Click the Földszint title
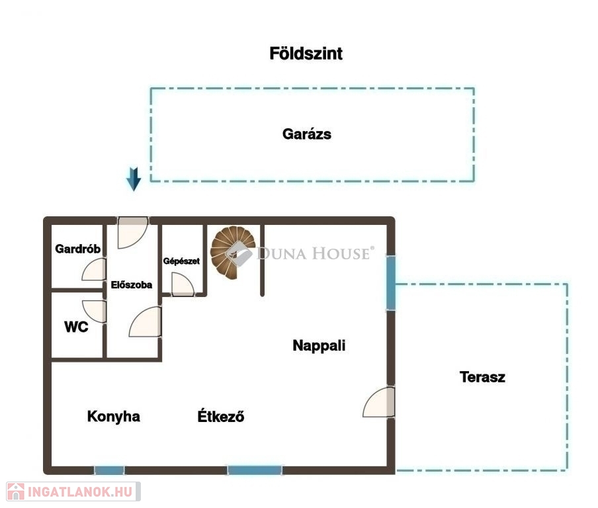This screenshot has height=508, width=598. tap(306, 54)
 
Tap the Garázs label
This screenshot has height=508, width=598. tap(307, 134)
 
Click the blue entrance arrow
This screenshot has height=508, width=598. tap(134, 179)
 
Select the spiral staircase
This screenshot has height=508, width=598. tap(233, 253)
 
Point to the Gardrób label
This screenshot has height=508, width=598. tap(78, 249)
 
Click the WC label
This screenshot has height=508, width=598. tap(76, 327)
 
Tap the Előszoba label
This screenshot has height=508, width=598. tap(132, 284)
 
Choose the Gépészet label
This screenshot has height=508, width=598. tap(181, 261)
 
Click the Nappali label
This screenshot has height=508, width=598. tap(320, 345)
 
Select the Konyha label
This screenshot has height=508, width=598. tap(114, 417)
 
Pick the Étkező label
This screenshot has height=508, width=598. tap(221, 415)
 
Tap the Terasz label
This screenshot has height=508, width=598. tap(482, 377)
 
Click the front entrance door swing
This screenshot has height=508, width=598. tap(132, 233)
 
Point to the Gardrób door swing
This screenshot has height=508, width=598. tap(94, 269)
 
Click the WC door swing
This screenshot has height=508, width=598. tap(94, 311)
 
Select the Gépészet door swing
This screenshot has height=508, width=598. tap(183, 284)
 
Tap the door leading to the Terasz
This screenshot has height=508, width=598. tap(378, 402)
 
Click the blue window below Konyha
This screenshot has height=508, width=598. tap(109, 470)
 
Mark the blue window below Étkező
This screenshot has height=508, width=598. tap(255, 470)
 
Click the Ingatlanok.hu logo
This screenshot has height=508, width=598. tap(73, 491)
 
